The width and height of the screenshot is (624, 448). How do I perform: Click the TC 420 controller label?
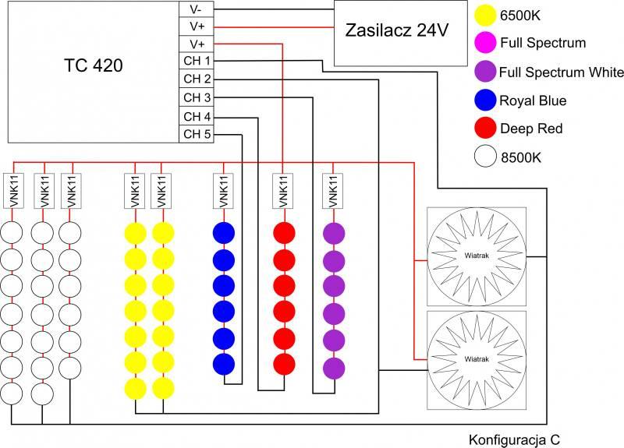pos(93,65)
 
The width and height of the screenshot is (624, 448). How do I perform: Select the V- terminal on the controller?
pos(197,9)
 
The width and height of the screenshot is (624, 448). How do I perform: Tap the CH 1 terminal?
pos(197,61)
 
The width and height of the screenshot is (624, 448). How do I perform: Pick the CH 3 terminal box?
pos(197,97)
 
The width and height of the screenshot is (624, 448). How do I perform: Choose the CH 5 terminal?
pos(197,134)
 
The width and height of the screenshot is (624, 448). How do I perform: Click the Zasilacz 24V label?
pos(397,30)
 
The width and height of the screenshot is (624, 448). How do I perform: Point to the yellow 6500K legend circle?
pos(485,15)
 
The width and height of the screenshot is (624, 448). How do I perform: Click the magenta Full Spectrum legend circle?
pos(485,42)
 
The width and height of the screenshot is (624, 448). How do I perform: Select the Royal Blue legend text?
pos(533,101)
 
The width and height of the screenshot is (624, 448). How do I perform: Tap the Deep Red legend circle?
pos(485,128)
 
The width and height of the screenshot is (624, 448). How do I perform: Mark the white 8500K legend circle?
pos(485,156)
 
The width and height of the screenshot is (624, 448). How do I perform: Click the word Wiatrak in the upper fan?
pos(477,256)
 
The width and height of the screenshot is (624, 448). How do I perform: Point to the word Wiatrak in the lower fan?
pos(477,359)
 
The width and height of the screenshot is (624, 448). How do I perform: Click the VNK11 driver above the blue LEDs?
pos(223,191)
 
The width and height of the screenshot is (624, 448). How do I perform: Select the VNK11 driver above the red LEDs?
pos(283,191)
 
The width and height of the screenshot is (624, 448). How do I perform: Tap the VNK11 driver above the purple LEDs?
pos(333,191)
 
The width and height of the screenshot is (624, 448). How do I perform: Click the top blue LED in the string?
pos(224,233)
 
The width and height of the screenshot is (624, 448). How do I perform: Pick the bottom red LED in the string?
pos(284,364)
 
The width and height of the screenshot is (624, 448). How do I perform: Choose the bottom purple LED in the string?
pos(334,368)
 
